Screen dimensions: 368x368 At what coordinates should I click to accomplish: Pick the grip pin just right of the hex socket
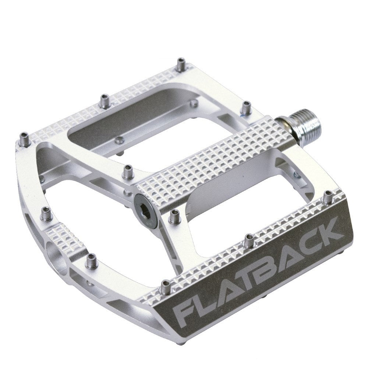[173, 217]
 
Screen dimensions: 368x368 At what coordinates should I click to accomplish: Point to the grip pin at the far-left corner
[24, 139]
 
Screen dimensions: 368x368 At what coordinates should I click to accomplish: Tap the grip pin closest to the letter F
[166, 287]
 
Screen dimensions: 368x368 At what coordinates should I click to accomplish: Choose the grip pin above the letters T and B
[249, 240]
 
